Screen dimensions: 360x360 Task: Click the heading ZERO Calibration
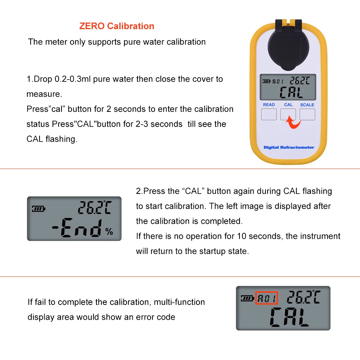tap(117, 26)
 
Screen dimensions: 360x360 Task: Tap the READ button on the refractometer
tap(269, 114)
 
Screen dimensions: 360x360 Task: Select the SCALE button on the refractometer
tap(307, 114)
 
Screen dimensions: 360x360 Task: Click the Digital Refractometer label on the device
tap(289, 147)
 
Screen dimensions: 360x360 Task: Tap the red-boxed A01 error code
tap(266, 298)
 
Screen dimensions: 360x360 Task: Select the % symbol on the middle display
tap(109, 232)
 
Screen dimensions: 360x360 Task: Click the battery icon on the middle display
tap(38, 209)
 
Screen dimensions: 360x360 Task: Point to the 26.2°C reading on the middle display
tap(95, 208)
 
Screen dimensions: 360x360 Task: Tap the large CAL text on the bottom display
tap(290, 316)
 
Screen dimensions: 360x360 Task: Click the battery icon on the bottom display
tap(247, 298)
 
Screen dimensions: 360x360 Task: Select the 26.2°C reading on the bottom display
tap(303, 297)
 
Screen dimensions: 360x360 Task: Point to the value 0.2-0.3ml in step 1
tap(73, 79)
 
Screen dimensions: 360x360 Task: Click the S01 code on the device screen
tap(278, 81)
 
